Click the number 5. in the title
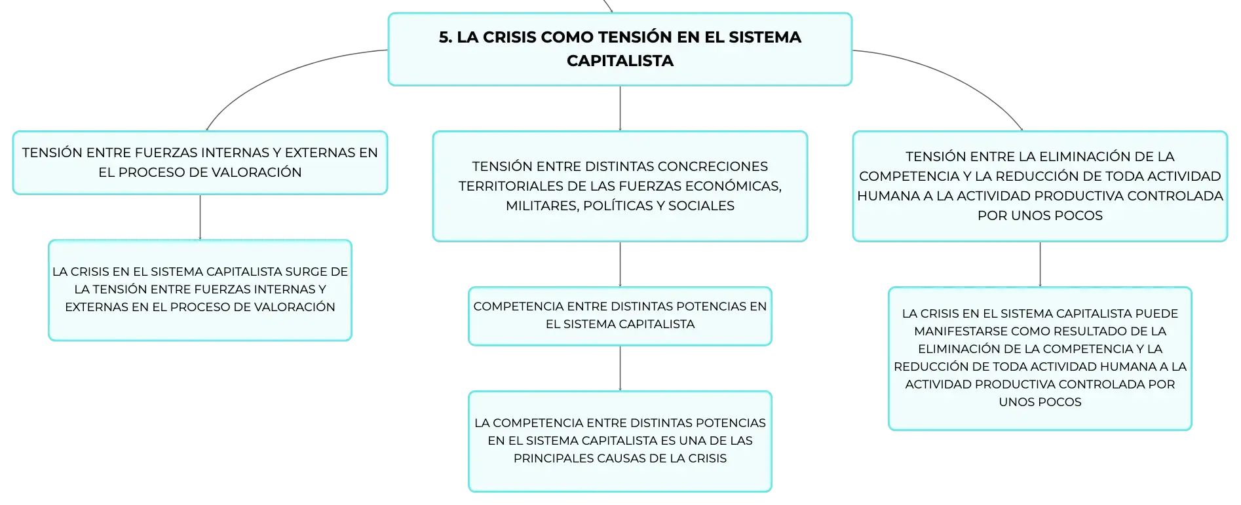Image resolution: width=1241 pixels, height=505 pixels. [x=446, y=37]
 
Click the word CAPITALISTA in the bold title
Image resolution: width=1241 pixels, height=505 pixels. [x=620, y=61]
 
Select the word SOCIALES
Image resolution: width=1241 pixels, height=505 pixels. [x=701, y=206]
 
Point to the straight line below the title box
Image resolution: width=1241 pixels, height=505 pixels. [x=620, y=108]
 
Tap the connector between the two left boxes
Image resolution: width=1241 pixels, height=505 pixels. [x=200, y=217]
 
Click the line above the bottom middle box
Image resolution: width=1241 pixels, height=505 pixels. [x=620, y=368]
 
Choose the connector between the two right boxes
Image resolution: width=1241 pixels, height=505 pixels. [x=1040, y=264]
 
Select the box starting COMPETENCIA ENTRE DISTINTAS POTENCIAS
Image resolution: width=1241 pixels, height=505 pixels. [x=620, y=316]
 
